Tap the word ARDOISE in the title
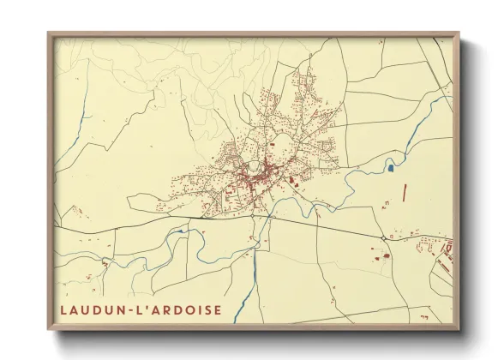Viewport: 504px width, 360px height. (x=187, y=309)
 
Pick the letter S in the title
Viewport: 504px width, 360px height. (x=204, y=309)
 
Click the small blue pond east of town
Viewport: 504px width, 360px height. (x=391, y=168)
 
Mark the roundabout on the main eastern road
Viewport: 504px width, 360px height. (x=382, y=237)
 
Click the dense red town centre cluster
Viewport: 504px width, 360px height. (x=255, y=177)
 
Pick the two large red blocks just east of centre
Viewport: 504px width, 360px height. (x=292, y=180)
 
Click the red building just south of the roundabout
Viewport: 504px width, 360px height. (x=385, y=255)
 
